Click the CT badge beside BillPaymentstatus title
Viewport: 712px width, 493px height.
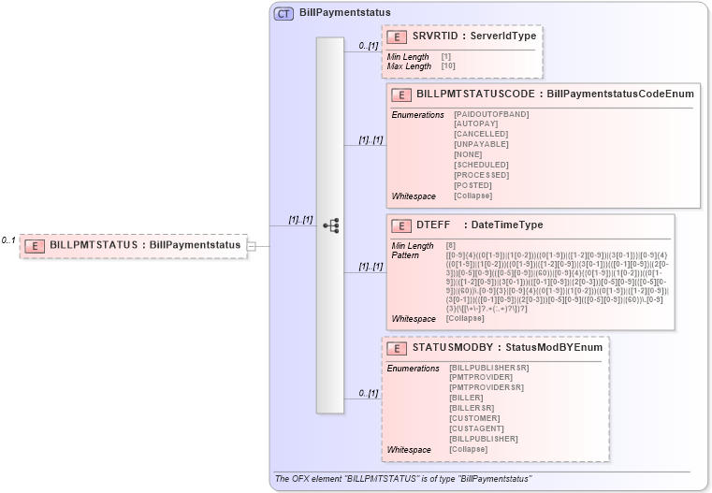[x=283, y=14]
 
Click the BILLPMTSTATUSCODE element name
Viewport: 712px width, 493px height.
[x=476, y=94]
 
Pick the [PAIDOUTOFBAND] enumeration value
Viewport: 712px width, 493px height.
[x=491, y=114]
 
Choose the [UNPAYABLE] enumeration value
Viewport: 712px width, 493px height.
[x=481, y=144]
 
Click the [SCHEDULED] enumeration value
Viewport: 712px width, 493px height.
[x=481, y=165]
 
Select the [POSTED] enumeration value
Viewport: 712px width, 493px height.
[x=472, y=185]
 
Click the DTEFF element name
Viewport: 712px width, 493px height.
[x=433, y=225]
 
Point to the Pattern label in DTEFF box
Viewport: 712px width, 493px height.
[x=406, y=255]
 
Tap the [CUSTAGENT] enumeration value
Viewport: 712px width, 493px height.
[x=478, y=428]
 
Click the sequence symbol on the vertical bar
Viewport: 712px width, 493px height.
[x=330, y=225]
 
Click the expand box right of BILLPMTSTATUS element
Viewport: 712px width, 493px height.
[x=251, y=245]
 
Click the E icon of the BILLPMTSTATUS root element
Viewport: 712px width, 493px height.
[x=35, y=245]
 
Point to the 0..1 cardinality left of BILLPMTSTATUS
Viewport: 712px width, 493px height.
[x=8, y=240]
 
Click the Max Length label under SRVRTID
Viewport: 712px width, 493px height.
[x=409, y=66]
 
